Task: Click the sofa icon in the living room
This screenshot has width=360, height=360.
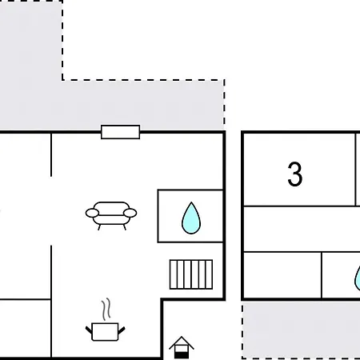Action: tap(111, 214)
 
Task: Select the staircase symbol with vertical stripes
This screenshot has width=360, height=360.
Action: tap(191, 274)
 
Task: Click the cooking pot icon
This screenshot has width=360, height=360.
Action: tap(105, 330)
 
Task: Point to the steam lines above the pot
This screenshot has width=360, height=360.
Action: tap(105, 309)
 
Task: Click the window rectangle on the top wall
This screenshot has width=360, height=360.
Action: tap(120, 132)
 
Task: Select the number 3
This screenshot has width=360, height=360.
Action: tap(295, 174)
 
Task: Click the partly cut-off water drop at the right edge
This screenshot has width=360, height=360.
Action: tap(357, 278)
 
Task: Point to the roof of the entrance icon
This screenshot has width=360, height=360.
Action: tap(182, 340)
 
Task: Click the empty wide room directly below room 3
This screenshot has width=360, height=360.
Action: tap(301, 229)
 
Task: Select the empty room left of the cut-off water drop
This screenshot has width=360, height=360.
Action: tap(282, 275)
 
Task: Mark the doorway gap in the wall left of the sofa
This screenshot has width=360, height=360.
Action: tap(52, 210)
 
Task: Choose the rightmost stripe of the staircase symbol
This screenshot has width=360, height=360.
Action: tap(210, 274)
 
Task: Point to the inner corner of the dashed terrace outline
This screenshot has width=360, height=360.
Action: tap(62, 80)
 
